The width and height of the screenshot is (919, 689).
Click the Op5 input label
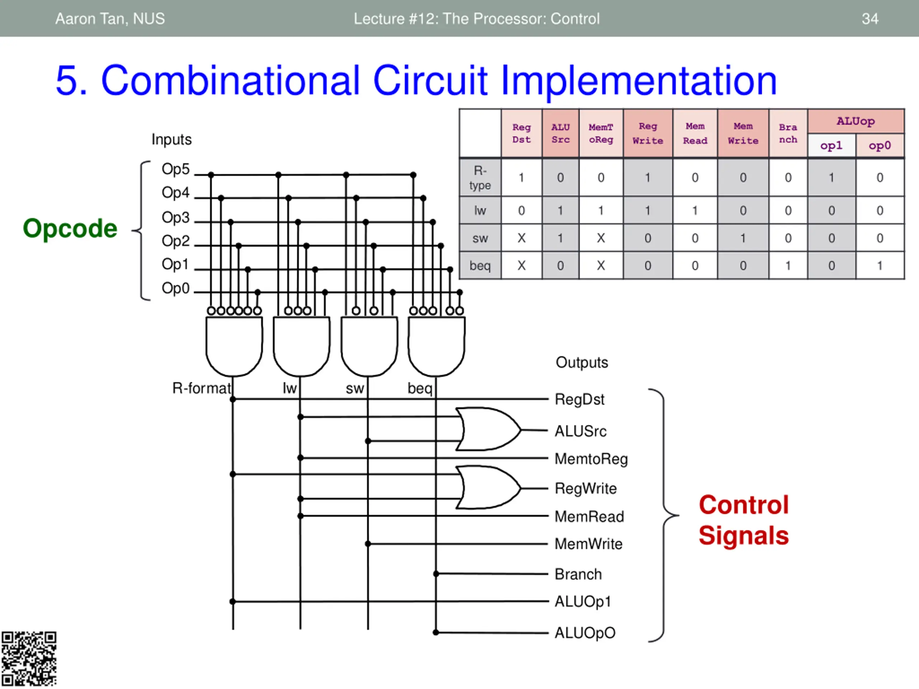175,169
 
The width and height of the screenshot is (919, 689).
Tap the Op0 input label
175,288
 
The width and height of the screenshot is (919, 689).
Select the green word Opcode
70,229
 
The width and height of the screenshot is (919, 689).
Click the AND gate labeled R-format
234,346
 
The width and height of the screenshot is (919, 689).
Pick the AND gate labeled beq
437,346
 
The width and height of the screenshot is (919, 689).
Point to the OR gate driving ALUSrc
488,429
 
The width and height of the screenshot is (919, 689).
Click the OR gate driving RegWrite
488,487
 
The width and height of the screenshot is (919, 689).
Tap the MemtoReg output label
591,459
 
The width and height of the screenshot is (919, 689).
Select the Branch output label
578,574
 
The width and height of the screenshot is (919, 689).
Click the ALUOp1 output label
583,602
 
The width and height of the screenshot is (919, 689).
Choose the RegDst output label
579,399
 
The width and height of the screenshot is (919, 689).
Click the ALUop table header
855,121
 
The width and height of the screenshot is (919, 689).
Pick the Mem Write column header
743,133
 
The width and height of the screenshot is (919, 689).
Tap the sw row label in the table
480,238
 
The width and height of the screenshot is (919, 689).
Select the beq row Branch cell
788,266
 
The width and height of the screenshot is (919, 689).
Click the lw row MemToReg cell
601,211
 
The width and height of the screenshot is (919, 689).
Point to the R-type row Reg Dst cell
521,178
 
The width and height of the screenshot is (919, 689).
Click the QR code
29,659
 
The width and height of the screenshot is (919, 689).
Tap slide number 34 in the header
870,19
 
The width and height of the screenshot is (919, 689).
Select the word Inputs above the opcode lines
172,140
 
